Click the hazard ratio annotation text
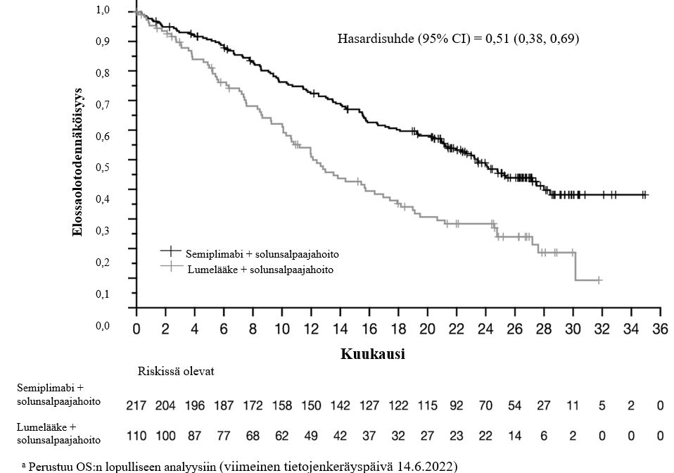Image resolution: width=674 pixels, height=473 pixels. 459,39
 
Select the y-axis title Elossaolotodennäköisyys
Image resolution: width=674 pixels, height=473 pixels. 79,161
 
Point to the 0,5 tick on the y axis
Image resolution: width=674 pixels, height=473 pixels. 102,168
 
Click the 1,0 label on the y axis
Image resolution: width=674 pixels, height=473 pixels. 102,11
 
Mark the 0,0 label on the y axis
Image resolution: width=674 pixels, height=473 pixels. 102,325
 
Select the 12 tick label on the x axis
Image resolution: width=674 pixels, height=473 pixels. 311,330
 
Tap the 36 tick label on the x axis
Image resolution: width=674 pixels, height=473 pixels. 659,330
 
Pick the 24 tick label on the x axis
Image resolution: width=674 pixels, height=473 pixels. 485,330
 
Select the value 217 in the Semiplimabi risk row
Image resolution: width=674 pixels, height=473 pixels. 136,405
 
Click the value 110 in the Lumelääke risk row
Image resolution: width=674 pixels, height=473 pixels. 136,436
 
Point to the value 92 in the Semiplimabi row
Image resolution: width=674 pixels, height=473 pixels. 457,405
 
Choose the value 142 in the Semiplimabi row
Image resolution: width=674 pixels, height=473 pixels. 340,405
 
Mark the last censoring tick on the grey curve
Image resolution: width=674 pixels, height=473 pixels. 599,280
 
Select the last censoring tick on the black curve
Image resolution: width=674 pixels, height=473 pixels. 644,195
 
